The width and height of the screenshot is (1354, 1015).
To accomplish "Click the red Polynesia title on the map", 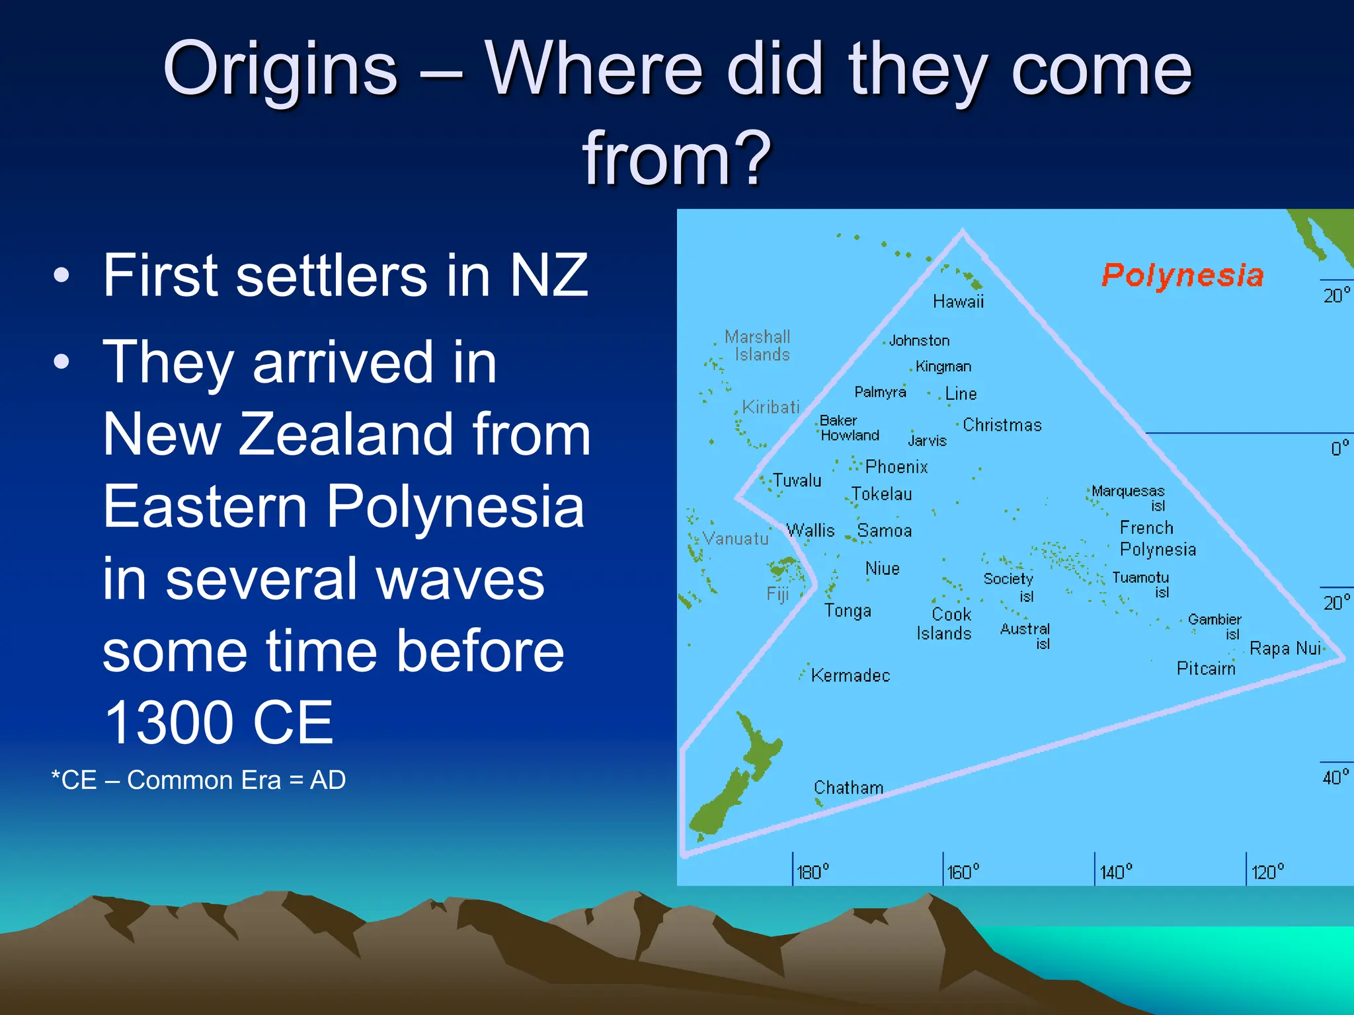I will click(x=1182, y=275).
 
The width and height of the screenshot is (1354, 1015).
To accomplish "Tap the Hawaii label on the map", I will click(x=958, y=302).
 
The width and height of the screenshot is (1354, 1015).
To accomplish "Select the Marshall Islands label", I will click(x=758, y=346).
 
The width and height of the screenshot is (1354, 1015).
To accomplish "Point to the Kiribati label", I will click(x=771, y=407).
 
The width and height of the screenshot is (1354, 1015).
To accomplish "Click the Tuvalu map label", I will click(x=797, y=480).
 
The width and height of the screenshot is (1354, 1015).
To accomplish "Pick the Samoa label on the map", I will click(x=885, y=531).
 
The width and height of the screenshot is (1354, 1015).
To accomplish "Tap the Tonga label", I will click(x=848, y=611).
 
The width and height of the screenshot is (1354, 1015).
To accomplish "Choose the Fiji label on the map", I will click(x=778, y=594).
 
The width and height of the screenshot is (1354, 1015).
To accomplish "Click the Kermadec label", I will click(x=850, y=675).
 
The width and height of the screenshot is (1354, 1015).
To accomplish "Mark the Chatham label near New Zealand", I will click(x=848, y=788).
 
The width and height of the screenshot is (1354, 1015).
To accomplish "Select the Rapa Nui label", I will click(x=1285, y=648).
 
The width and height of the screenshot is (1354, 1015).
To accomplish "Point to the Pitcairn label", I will click(x=1206, y=669).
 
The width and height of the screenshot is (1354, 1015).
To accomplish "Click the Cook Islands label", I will click(x=944, y=624).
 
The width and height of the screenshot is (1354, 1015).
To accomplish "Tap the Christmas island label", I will click(x=1002, y=425).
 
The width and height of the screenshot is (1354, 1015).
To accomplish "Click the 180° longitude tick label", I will click(x=813, y=872).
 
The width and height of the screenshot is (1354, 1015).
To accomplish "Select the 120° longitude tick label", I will click(x=1267, y=872).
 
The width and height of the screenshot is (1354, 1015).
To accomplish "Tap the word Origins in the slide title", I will click(x=280, y=69).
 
